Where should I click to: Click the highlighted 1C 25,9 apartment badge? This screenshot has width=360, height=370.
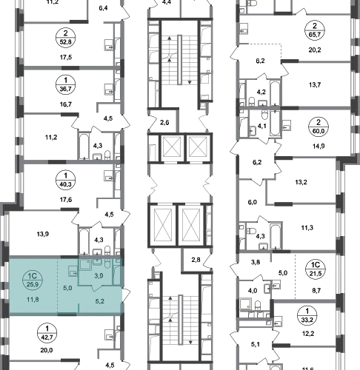(33, 280)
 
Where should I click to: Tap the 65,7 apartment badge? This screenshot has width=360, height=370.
(315, 31)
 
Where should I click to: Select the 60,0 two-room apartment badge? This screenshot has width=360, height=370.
(319, 127)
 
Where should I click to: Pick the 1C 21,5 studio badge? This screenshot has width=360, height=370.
(316, 269)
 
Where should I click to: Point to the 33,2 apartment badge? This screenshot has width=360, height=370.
(307, 316)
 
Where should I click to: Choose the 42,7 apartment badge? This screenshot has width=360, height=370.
(47, 333)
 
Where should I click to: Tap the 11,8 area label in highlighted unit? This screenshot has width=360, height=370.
(33, 300)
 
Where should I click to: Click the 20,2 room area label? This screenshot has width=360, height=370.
(315, 50)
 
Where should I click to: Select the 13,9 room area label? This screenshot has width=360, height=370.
(43, 234)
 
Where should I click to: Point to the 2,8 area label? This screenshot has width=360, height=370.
(196, 260)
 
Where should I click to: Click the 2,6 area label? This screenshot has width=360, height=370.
(164, 122)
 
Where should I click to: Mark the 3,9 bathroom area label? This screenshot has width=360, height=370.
(99, 276)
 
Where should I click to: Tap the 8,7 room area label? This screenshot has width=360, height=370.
(316, 291)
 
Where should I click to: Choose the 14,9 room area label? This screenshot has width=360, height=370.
(319, 146)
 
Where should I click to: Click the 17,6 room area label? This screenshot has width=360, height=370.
(66, 199)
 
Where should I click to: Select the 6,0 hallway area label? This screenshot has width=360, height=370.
(253, 202)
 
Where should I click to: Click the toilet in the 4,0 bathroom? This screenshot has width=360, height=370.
(258, 306)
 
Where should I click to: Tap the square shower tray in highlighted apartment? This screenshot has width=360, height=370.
(85, 265)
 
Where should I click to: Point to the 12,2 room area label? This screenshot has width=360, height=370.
(308, 334)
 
